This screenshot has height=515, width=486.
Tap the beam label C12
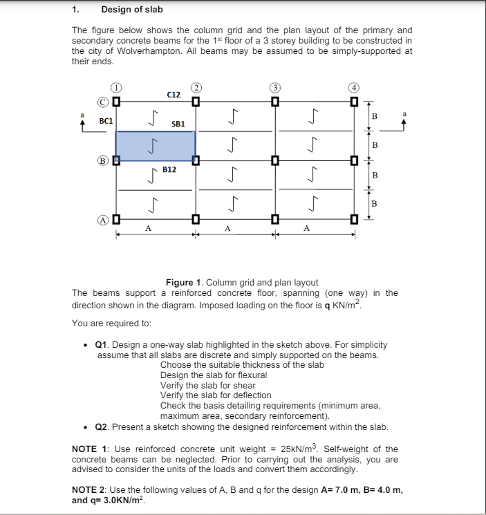tap(174, 94)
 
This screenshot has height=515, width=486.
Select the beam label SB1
tap(178, 124)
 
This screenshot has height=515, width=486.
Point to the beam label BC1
tap(106, 120)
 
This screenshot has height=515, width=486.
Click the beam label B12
tap(169, 169)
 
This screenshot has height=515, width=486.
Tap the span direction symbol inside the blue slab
tap(155, 147)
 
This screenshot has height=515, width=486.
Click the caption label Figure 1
tap(183, 282)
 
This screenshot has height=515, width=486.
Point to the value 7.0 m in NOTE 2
tap(333, 489)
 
